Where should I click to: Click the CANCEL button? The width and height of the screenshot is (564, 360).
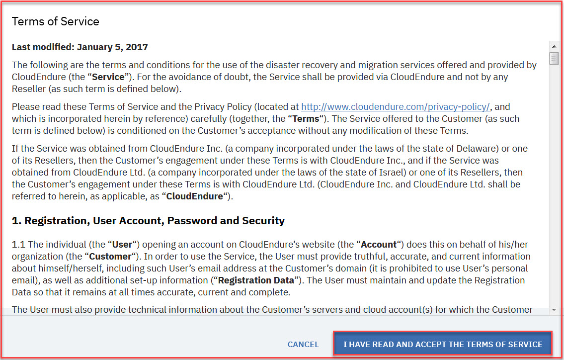click(x=303, y=344)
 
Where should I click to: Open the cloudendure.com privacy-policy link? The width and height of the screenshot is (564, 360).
click(x=396, y=106)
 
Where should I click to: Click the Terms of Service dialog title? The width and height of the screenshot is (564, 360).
click(x=56, y=21)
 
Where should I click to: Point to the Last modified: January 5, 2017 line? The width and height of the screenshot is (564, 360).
click(x=80, y=47)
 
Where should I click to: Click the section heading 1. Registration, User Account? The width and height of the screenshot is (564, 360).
click(x=148, y=220)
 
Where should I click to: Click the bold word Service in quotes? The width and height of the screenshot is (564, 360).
click(x=108, y=77)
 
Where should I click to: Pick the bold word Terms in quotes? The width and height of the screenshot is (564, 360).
click(x=306, y=119)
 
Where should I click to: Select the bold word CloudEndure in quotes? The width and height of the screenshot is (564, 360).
click(x=194, y=196)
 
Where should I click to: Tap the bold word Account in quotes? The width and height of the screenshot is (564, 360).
click(x=379, y=244)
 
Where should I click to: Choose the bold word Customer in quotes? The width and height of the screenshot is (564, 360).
click(x=110, y=256)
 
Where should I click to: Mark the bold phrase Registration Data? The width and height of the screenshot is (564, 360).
click(x=256, y=280)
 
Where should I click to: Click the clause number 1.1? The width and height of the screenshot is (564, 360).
click(x=18, y=244)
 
